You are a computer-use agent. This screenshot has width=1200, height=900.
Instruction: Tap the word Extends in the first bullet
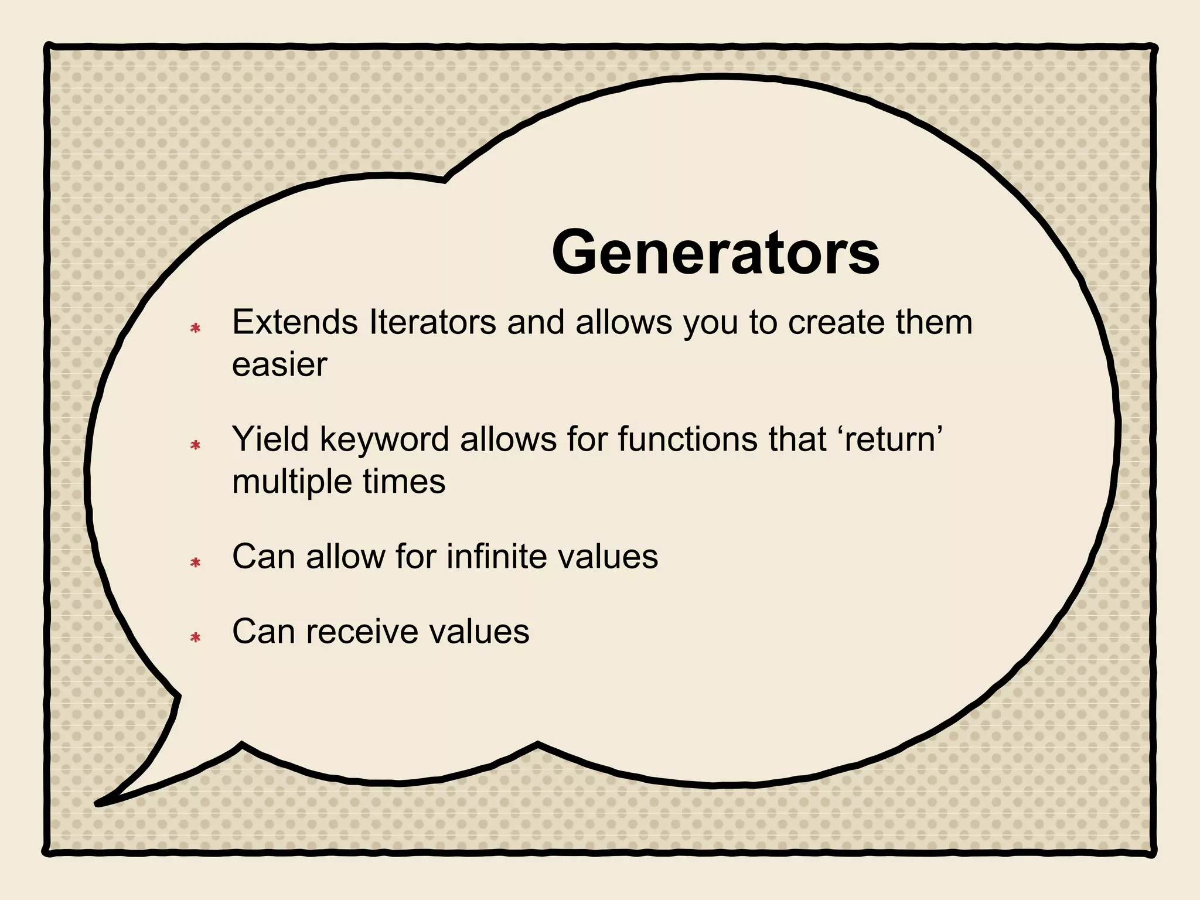tap(295, 322)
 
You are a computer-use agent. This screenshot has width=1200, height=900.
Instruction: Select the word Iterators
tap(433, 322)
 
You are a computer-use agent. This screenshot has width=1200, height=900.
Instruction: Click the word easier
tap(279, 365)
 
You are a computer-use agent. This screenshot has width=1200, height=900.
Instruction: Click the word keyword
tap(384, 440)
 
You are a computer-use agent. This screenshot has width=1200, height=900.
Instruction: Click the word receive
tap(362, 632)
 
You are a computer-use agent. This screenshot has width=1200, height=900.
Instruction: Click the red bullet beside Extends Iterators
tap(196, 329)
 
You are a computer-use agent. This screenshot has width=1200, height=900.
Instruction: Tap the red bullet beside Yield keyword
tap(196, 446)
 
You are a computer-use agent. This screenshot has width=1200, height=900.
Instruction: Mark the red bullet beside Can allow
tap(196, 563)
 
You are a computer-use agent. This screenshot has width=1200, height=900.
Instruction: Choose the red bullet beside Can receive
tap(196, 637)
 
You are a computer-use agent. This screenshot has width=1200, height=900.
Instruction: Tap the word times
tap(404, 482)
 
